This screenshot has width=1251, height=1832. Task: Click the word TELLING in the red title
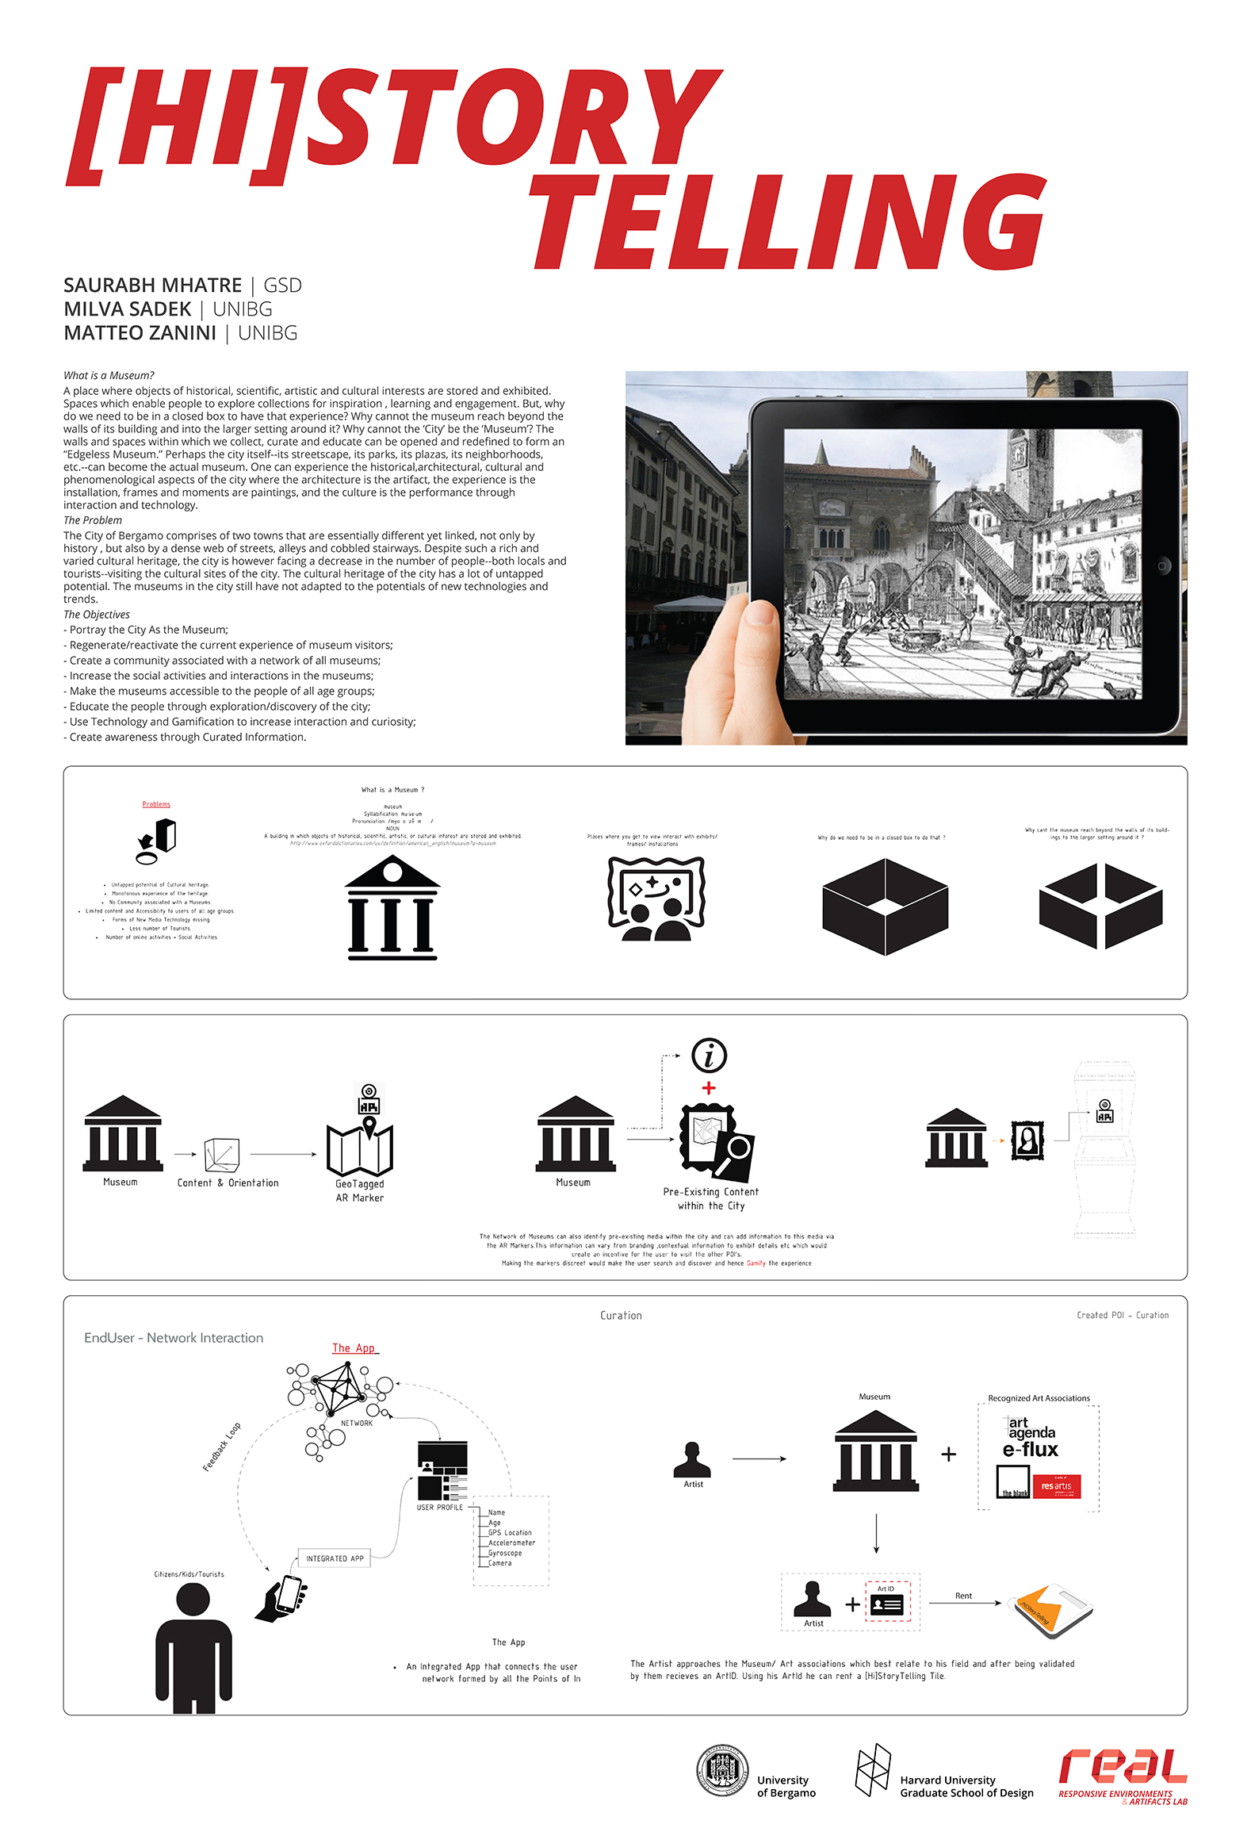(x=789, y=222)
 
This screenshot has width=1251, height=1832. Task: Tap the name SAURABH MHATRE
(x=152, y=286)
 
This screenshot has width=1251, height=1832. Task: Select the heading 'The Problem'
(x=93, y=520)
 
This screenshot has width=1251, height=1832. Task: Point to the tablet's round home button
(x=1162, y=565)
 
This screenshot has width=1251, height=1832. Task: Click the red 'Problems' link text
(x=156, y=804)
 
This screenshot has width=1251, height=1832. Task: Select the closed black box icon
(x=885, y=906)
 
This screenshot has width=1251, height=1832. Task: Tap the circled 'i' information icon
(x=709, y=1056)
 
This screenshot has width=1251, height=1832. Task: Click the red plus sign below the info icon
(x=709, y=1088)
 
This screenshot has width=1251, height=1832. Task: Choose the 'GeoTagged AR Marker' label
(x=360, y=1190)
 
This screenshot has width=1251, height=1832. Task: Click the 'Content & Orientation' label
(x=228, y=1182)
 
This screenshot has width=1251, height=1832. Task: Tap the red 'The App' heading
(x=354, y=1348)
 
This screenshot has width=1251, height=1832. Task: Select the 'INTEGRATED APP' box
(x=335, y=1558)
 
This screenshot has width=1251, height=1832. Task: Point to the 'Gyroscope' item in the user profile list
(x=505, y=1553)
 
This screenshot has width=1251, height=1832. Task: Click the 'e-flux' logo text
(x=1030, y=1450)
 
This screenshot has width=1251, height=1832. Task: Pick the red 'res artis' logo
(x=1056, y=1486)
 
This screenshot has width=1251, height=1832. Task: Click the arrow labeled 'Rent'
(x=964, y=1603)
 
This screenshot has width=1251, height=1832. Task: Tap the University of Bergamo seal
(x=721, y=1770)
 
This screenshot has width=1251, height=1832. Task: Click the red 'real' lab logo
(x=1122, y=1767)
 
